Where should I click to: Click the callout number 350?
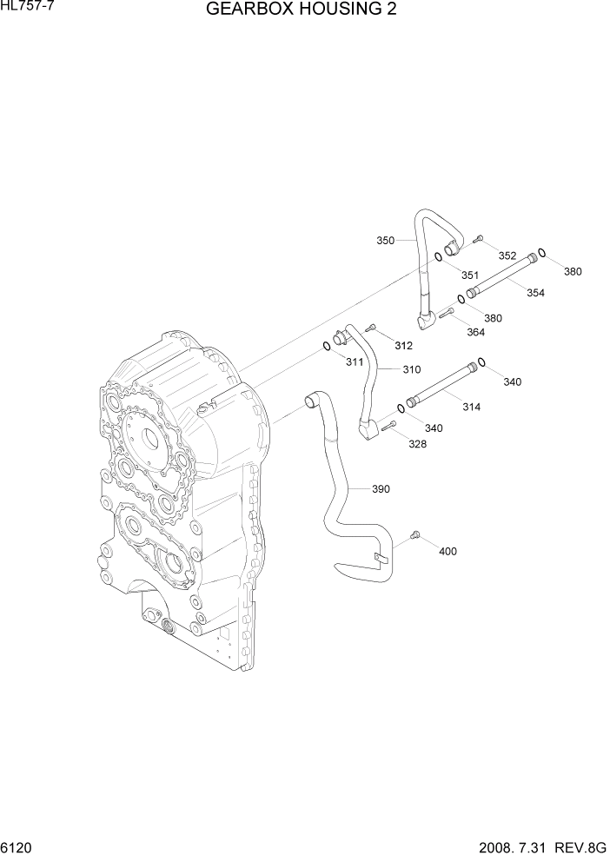pyautogui.click(x=384, y=240)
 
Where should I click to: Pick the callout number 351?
pyautogui.click(x=469, y=275)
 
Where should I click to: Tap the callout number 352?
pyautogui.click(x=507, y=255)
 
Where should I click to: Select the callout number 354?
pyautogui.click(x=535, y=293)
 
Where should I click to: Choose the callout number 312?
pyautogui.click(x=403, y=345)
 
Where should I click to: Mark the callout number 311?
pyautogui.click(x=354, y=361)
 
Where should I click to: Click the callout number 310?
pyautogui.click(x=411, y=369)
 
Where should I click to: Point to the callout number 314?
pyautogui.click(x=471, y=407)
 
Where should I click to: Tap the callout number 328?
pyautogui.click(x=418, y=444)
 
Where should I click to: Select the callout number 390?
pyautogui.click(x=381, y=488)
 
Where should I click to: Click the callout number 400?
pyautogui.click(x=448, y=551)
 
